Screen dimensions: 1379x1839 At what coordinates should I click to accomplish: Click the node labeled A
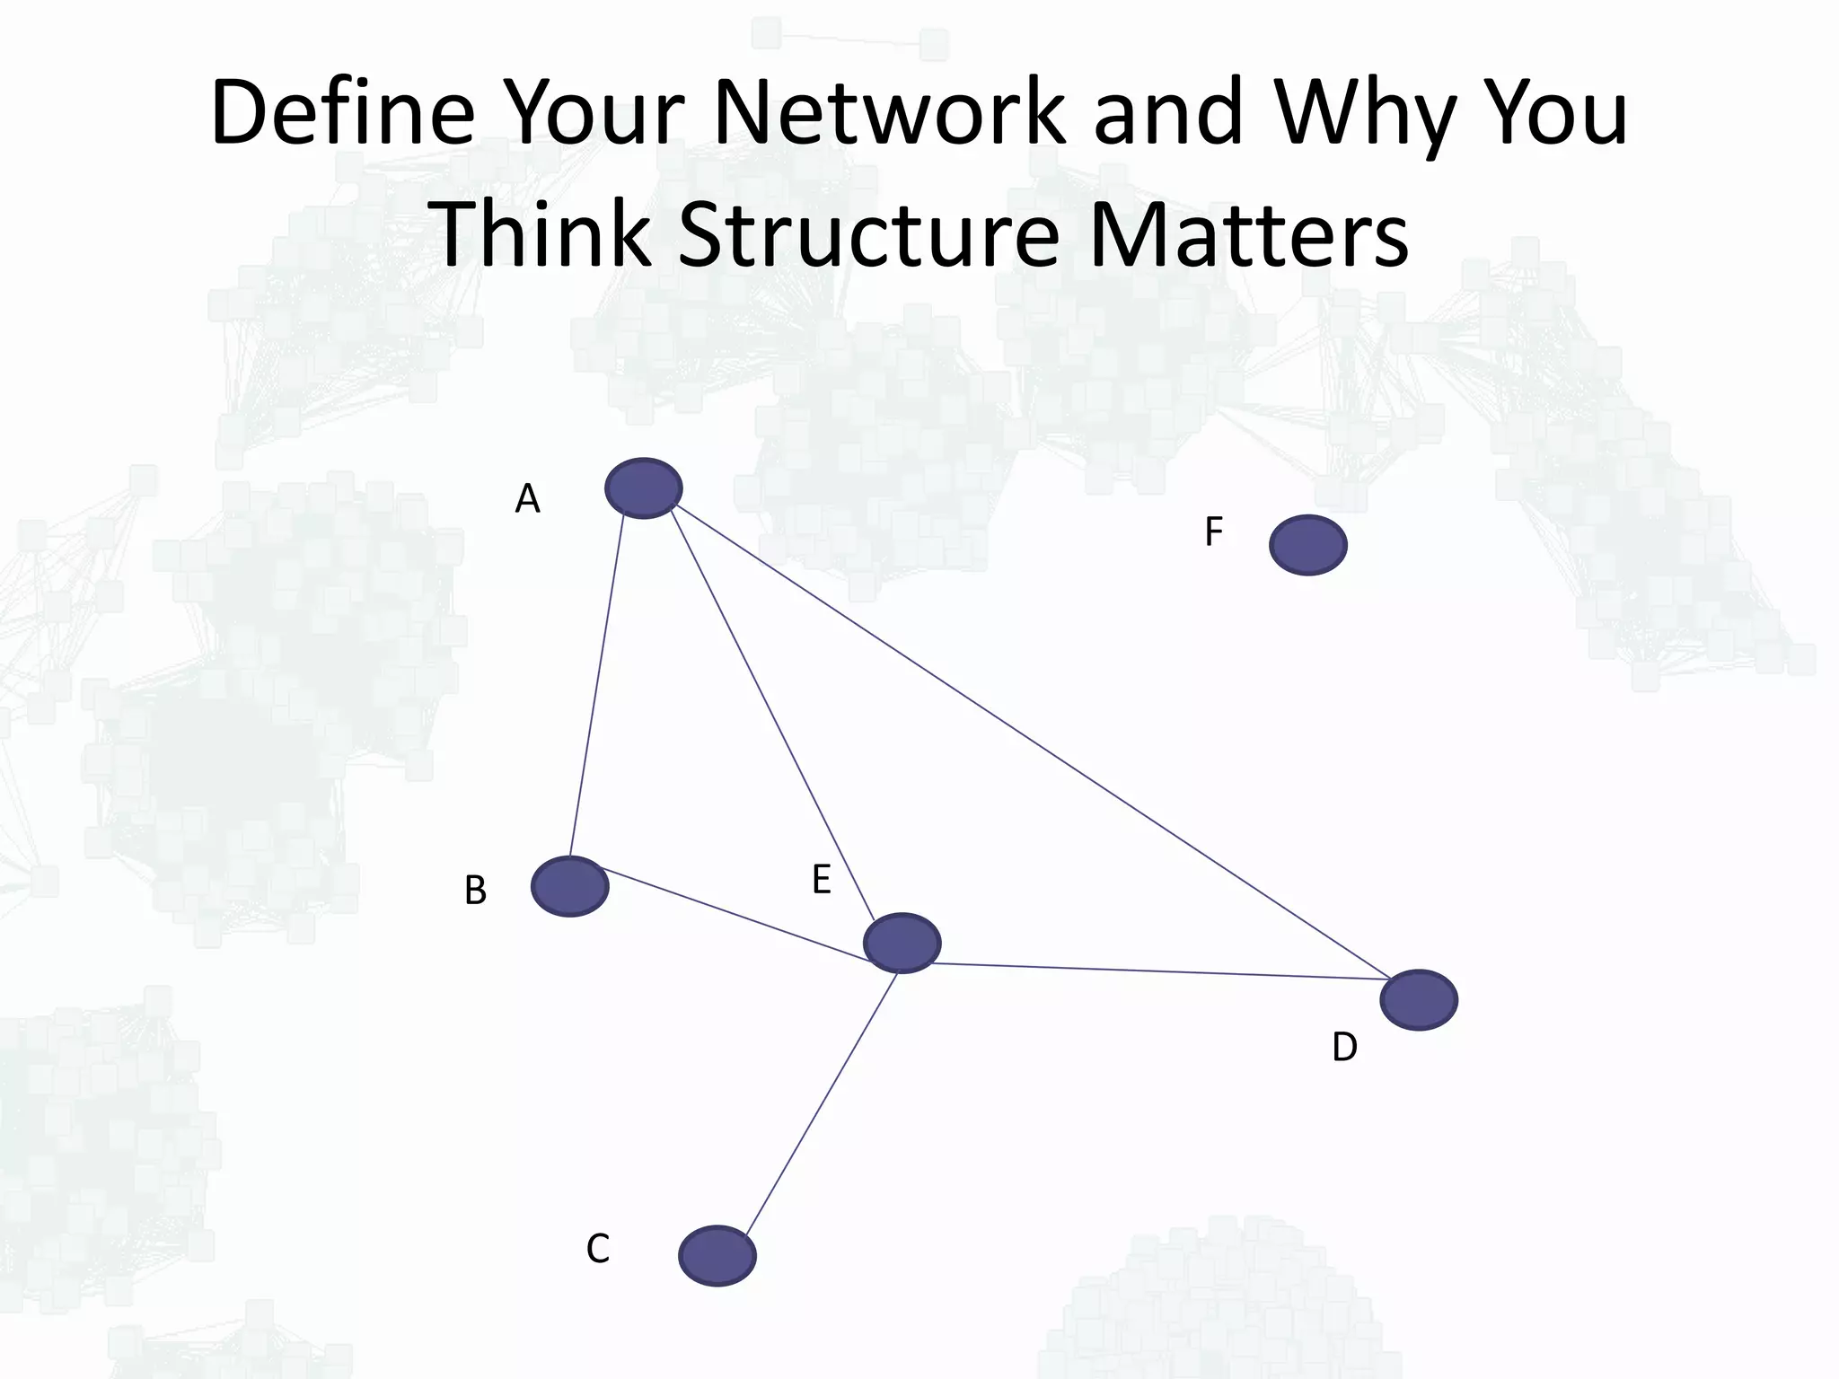pos(643,488)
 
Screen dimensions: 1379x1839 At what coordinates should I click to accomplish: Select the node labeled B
pos(569,886)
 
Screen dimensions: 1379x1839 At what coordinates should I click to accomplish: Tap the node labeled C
pos(717,1255)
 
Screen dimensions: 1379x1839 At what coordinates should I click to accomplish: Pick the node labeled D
pos(1418,999)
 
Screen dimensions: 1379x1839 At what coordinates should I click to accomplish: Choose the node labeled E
pos(902,943)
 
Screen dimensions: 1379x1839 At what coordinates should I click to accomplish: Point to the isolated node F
pos(1307,545)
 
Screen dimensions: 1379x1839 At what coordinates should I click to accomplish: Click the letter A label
pos(527,499)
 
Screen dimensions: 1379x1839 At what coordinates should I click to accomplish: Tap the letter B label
pos(475,891)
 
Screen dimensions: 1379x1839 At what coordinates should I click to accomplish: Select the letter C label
pos(598,1249)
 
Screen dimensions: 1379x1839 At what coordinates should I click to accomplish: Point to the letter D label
pos(1344,1048)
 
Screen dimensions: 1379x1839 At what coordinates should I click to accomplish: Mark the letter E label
pos(821,881)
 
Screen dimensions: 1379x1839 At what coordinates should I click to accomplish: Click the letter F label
pos(1213,532)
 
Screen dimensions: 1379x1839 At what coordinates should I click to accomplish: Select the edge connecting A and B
pos(597,687)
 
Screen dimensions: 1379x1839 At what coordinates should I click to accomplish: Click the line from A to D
pos(1033,743)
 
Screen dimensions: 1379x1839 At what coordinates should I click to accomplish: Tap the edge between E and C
pos(822,1104)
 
